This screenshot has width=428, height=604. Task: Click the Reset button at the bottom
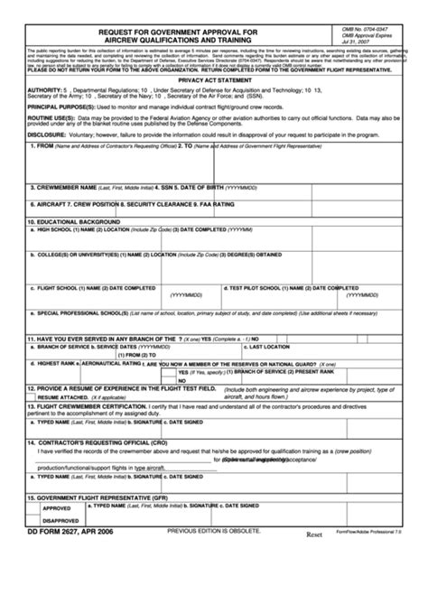(313, 534)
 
